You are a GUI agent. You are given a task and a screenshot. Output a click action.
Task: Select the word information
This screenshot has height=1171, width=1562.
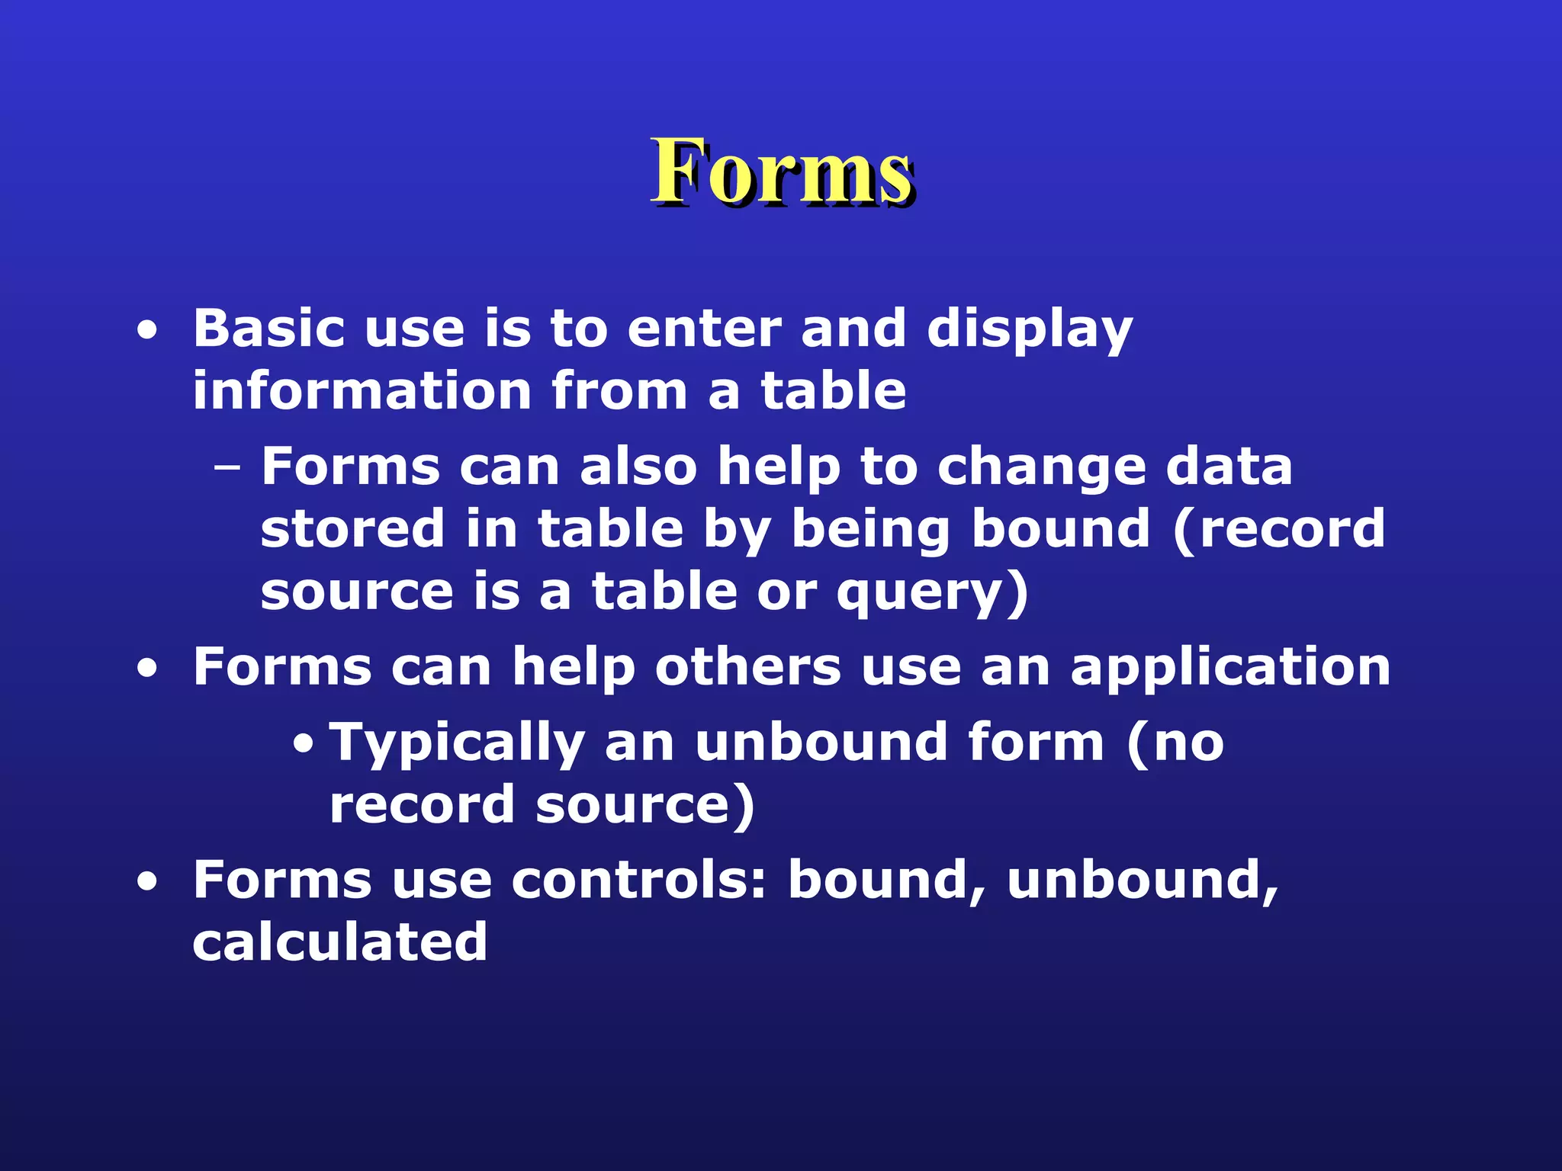pos(362,390)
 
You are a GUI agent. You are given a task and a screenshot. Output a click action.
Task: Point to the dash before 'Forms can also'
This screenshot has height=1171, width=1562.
pos(227,467)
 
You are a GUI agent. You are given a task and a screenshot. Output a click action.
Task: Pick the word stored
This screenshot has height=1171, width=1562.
pos(352,528)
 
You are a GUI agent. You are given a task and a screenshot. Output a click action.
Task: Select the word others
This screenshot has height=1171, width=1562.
pos(748,667)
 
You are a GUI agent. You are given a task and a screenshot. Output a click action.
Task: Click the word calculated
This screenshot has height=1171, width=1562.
pos(340,942)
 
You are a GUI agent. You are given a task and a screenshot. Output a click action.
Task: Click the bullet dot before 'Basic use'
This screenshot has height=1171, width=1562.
pos(147,332)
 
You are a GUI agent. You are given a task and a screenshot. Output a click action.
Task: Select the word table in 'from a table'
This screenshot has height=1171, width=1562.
pos(833,390)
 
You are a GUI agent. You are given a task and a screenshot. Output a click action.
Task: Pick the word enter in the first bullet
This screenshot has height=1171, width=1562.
pos(705,329)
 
